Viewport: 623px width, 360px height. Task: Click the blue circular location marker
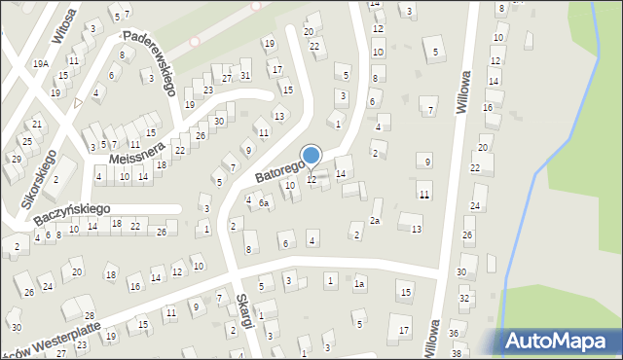(311, 156)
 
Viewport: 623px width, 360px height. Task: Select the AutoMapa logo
(562, 342)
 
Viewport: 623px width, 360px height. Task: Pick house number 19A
(40, 63)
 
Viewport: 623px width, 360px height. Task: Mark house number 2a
(374, 221)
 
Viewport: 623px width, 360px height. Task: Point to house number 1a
(359, 284)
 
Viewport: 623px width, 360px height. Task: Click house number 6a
(264, 202)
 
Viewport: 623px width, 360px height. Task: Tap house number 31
(245, 75)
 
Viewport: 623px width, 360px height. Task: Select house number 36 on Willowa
(454, 333)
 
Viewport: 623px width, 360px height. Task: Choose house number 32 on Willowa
(465, 298)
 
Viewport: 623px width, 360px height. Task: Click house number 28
(89, 316)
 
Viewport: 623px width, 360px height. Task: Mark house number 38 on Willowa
(457, 352)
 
